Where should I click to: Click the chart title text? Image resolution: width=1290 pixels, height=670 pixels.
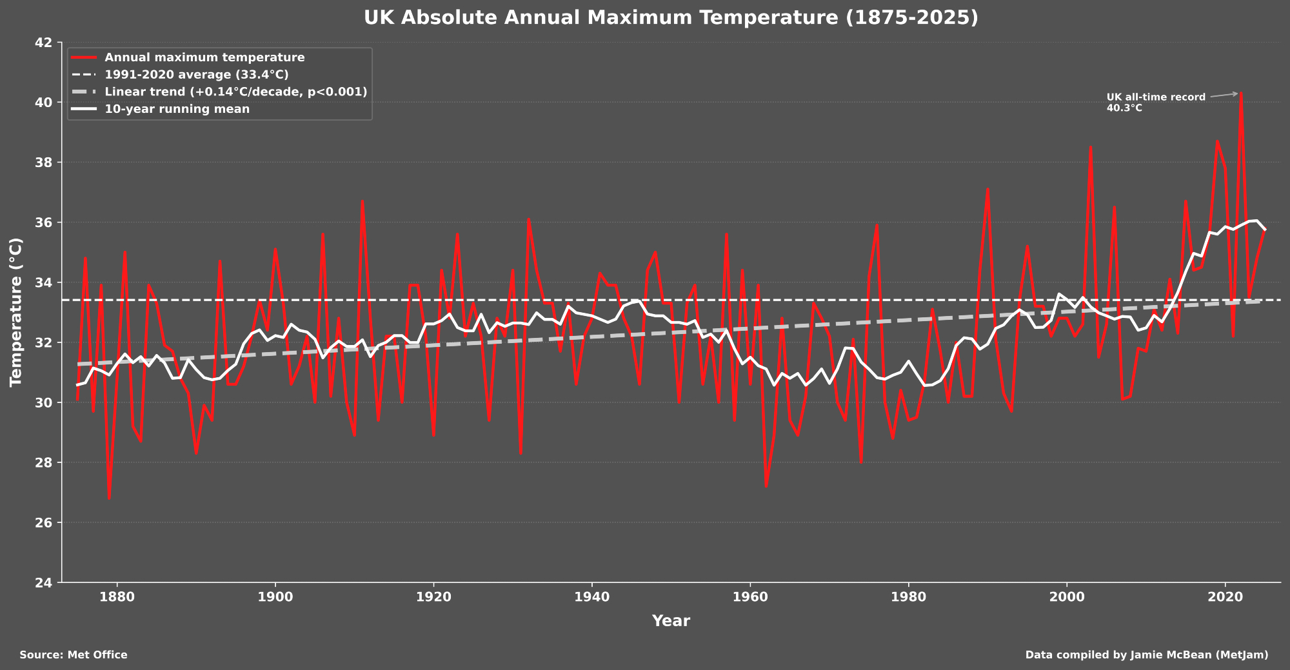[671, 17]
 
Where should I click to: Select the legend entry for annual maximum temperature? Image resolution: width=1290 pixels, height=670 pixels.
[204, 57]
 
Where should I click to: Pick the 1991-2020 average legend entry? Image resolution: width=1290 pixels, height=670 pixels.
[197, 75]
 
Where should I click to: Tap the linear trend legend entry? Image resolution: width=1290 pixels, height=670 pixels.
[235, 92]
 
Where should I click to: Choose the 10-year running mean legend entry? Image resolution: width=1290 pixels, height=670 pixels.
[177, 109]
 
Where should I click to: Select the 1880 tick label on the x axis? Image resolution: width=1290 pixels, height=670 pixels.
[117, 597]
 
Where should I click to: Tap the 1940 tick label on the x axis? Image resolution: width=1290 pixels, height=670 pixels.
[591, 597]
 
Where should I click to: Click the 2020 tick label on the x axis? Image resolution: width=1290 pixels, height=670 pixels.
[1225, 597]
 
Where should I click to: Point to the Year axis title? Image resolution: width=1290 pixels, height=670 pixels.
[671, 621]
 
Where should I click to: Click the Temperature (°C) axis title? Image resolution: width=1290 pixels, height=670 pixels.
[16, 312]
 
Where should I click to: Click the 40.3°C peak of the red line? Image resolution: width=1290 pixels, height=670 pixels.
[1241, 94]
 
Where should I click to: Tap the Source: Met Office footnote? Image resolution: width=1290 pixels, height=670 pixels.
[74, 655]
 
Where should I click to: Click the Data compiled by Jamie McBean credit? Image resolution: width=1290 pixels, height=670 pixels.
[1147, 655]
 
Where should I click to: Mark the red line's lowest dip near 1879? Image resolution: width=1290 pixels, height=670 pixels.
[109, 498]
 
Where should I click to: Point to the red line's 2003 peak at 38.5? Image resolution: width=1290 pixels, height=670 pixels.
[1091, 148]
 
